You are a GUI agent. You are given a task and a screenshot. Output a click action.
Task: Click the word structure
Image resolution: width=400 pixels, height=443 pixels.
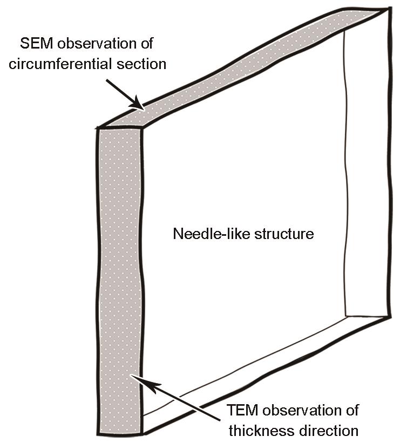(284, 234)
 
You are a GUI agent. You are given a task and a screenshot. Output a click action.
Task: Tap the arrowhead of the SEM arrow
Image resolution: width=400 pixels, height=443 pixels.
(138, 103)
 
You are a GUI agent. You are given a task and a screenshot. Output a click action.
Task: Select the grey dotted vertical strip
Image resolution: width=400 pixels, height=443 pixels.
(120, 280)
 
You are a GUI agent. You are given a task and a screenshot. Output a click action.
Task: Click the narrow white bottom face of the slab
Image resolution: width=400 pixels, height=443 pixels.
(246, 364)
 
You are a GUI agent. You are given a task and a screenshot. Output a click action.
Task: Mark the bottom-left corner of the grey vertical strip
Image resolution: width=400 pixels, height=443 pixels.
(98, 434)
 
